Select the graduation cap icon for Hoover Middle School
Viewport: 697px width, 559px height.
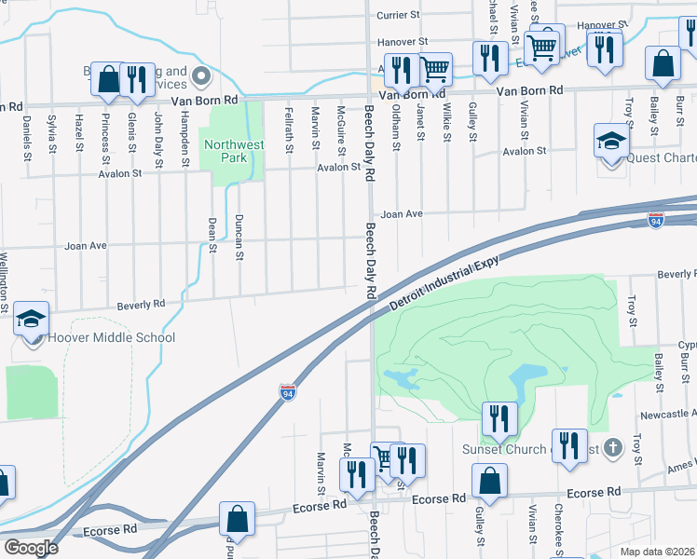(31, 319)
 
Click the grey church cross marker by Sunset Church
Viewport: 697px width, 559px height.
(612, 448)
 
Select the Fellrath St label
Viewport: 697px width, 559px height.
(291, 128)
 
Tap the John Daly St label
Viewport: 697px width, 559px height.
(159, 133)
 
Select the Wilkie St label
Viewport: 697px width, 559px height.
(447, 122)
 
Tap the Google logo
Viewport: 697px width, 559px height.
(31, 548)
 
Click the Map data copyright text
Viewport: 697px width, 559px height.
(658, 552)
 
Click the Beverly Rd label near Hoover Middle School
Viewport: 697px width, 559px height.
(141, 304)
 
